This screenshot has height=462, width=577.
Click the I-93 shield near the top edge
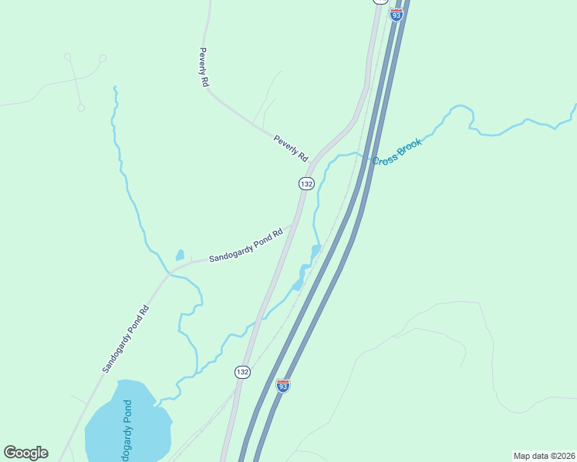point(396,15)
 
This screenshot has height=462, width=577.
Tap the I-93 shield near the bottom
point(283,385)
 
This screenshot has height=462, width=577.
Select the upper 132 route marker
point(306,183)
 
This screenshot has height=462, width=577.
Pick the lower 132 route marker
point(242,372)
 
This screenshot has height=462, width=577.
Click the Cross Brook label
point(396,152)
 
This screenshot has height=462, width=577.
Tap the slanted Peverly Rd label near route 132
point(291,147)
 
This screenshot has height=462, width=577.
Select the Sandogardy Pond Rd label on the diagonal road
point(124,340)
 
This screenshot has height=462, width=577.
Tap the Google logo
point(25,453)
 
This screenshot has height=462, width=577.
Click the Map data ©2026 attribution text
point(543,455)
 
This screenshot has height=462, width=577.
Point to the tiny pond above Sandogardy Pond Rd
point(180,255)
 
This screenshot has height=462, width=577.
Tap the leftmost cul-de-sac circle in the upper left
point(68,56)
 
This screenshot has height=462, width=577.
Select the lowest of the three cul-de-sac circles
point(81,108)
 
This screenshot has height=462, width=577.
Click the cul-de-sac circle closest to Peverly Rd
point(103,58)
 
